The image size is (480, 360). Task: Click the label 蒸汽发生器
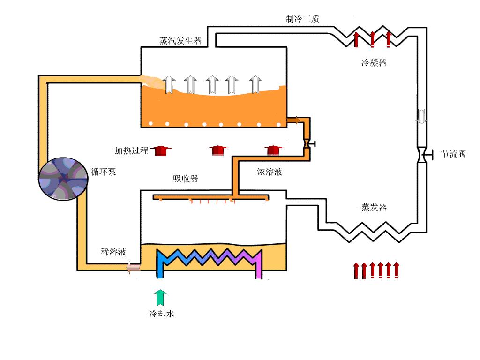[180, 41]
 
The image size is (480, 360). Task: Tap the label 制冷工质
[303, 19]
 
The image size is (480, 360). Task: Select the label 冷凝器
[374, 63]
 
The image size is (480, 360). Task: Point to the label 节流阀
[453, 154]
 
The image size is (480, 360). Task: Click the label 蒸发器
[374, 207]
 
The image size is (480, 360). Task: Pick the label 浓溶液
[270, 172]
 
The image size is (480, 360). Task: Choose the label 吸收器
[186, 179]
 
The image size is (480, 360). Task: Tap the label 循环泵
[103, 172]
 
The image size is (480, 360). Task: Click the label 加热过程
[131, 151]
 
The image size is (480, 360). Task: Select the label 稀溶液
[114, 252]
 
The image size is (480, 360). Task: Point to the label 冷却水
[162, 314]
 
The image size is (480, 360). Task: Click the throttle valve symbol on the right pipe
[422, 154]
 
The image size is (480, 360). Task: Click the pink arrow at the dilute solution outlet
[133, 268]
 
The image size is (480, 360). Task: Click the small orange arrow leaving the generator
[293, 120]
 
